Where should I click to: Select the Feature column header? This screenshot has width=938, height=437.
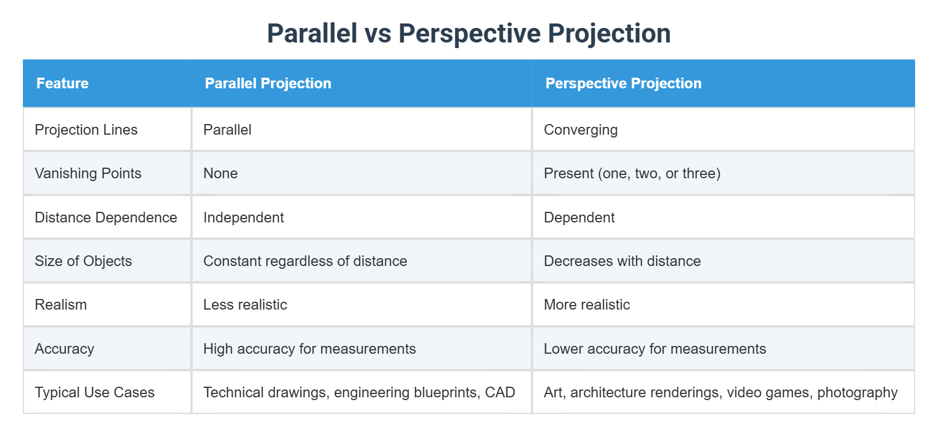click(63, 84)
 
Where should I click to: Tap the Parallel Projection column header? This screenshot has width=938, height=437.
click(268, 84)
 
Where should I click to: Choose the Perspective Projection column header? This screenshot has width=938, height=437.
click(623, 84)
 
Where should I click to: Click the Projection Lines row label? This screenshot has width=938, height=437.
click(86, 130)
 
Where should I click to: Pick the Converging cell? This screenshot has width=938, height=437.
click(581, 130)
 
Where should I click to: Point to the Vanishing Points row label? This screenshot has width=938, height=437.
click(88, 173)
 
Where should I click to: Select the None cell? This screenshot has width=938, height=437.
click(221, 173)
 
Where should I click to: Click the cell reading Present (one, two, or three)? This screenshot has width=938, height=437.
click(632, 173)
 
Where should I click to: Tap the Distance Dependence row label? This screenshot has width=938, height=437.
click(106, 217)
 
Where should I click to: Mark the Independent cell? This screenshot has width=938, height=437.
click(243, 217)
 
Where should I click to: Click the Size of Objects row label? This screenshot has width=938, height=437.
click(83, 261)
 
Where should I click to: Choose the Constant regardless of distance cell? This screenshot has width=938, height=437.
click(305, 261)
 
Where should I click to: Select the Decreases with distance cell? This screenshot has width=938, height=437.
click(622, 261)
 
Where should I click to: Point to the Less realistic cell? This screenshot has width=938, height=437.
click(245, 305)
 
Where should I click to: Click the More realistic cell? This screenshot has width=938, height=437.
click(587, 305)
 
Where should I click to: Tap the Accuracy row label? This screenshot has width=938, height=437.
click(64, 349)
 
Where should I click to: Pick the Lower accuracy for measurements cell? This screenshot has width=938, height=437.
click(655, 349)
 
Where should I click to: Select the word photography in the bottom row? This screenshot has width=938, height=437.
click(857, 393)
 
